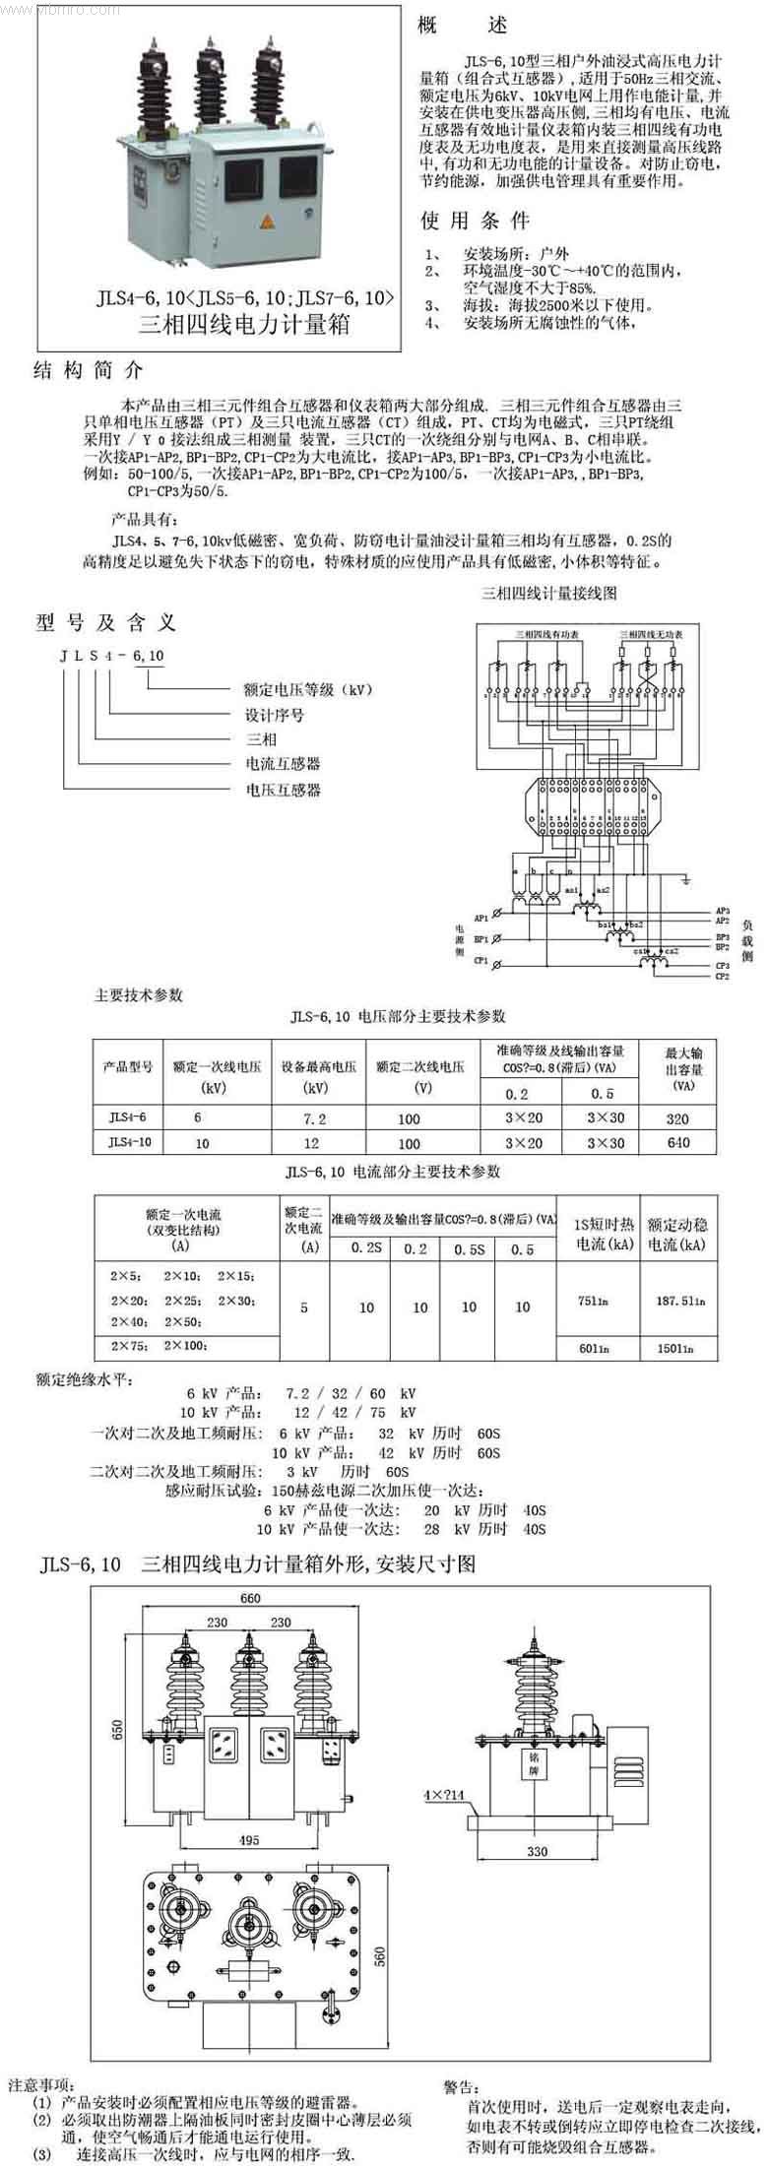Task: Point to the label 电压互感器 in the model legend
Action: (x=283, y=790)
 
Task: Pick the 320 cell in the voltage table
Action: (x=677, y=1118)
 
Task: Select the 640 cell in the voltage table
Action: (x=677, y=1143)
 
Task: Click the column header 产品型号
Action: (x=128, y=1067)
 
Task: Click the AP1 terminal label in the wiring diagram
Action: (x=481, y=918)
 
